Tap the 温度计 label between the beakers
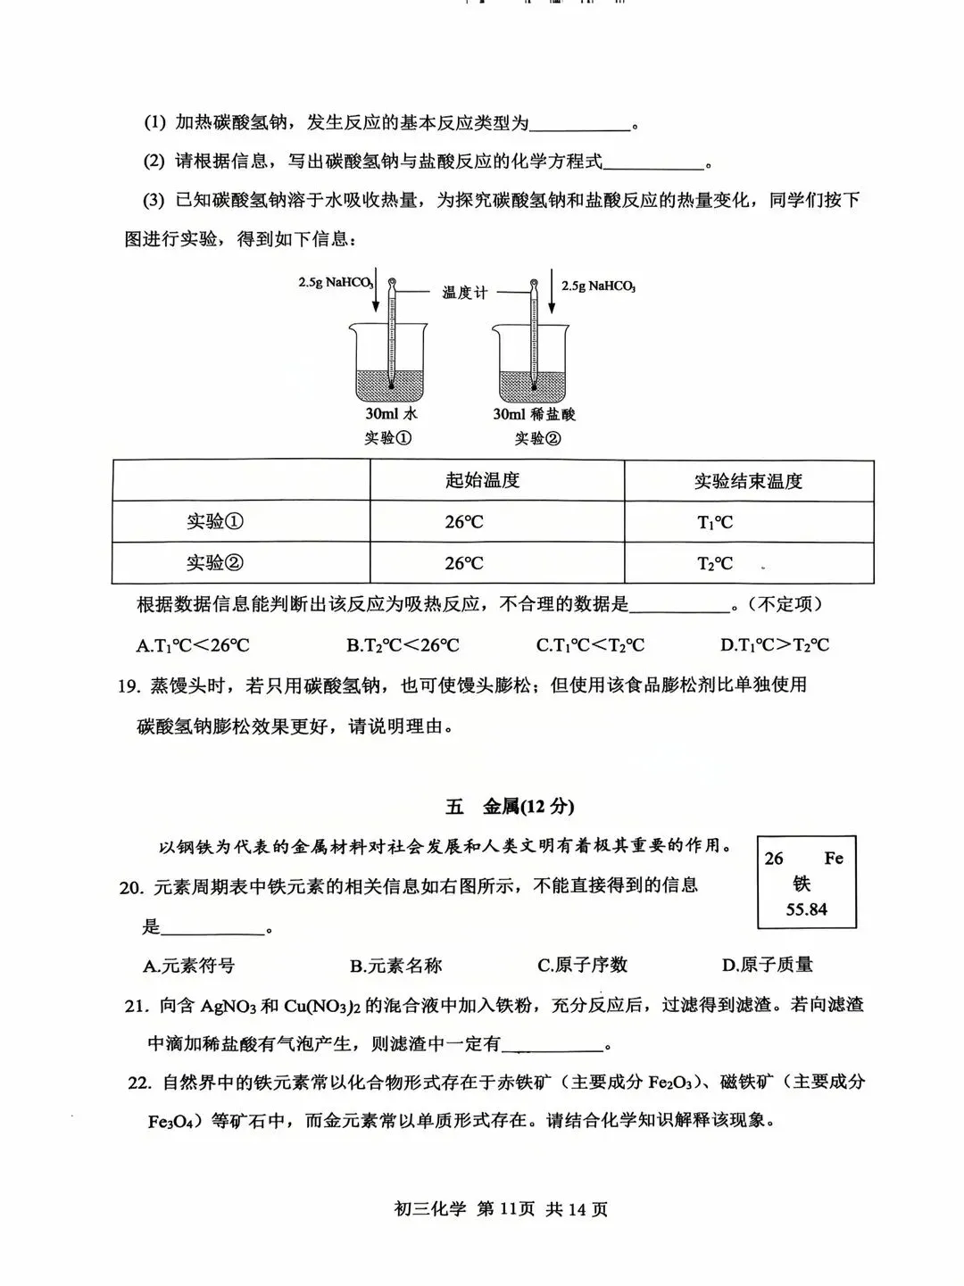[x=464, y=292]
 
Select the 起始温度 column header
[x=482, y=481]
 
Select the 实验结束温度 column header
[x=748, y=482]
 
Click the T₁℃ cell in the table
[x=714, y=523]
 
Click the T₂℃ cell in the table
[x=714, y=564]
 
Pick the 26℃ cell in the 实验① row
[x=464, y=523]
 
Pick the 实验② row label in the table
[x=214, y=564]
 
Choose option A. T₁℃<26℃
[x=193, y=645]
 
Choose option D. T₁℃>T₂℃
[x=774, y=645]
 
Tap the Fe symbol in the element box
[x=833, y=859]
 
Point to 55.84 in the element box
[x=806, y=910]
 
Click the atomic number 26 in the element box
[x=774, y=859]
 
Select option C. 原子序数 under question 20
[x=582, y=965]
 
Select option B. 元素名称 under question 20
[x=395, y=966]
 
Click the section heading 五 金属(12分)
[x=510, y=807]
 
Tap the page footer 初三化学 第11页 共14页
[x=500, y=1210]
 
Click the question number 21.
[x=136, y=1006]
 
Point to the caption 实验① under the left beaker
[x=387, y=438]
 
